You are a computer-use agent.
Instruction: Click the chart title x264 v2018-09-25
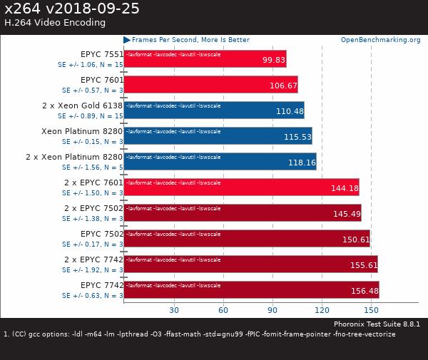(71, 9)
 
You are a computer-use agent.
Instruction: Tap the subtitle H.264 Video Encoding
(55, 23)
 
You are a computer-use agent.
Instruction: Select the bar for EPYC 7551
(205, 58)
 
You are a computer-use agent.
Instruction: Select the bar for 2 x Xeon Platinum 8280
(220, 161)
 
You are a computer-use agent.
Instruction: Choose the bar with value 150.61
(247, 238)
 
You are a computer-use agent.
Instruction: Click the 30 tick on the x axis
(173, 310)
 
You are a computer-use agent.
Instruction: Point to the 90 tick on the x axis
(272, 310)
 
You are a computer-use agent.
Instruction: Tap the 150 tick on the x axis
(371, 310)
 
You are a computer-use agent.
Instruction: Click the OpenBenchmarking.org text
(380, 40)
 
